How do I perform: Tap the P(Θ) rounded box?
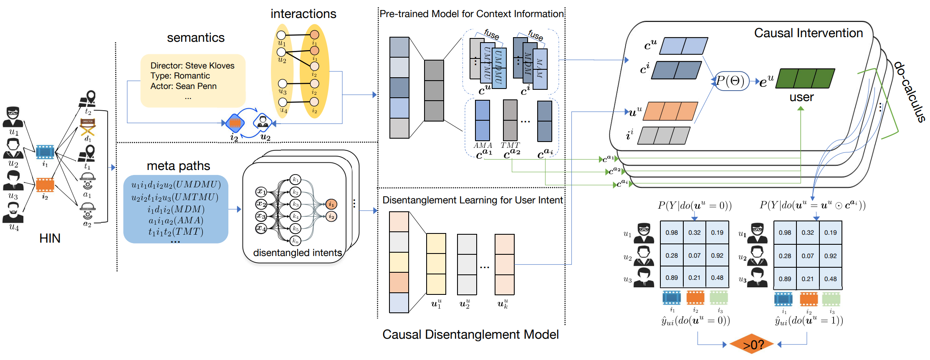point(730,81)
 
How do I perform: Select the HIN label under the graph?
point(50,238)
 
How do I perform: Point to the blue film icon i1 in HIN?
point(45,152)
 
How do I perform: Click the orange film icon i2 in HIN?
point(45,184)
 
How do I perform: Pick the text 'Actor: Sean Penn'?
point(183,86)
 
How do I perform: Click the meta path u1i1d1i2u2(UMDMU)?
point(176,185)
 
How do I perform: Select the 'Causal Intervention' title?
point(808,33)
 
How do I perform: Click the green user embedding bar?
point(805,78)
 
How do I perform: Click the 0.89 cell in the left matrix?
point(672,277)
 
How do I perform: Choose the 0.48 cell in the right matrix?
point(830,279)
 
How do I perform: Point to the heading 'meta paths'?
point(178,166)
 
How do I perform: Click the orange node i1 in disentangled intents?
point(331,204)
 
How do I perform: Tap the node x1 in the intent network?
point(261,192)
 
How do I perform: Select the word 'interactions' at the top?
point(303,14)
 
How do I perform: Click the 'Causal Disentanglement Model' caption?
point(470,335)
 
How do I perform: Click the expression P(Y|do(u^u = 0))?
point(695,205)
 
